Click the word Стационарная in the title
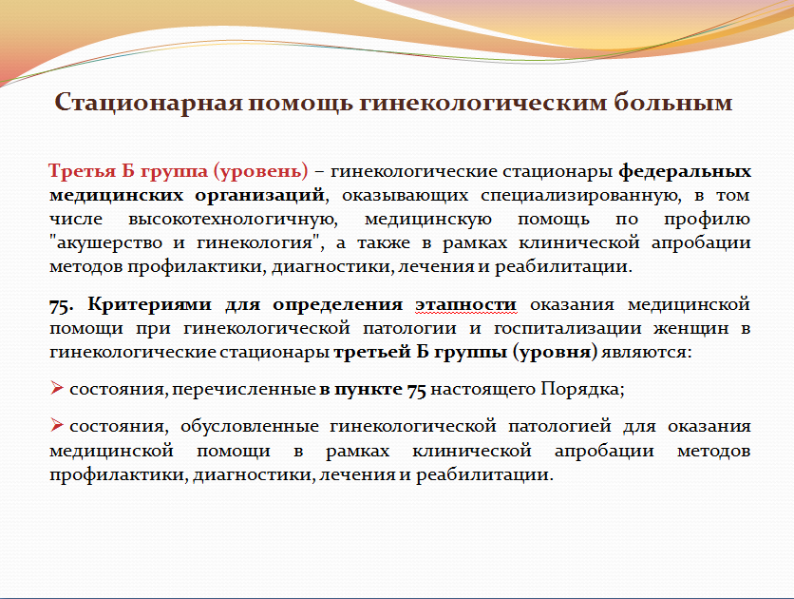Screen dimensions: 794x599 tap(148, 103)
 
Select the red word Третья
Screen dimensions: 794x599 tap(82, 171)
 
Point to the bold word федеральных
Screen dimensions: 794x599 tap(685, 172)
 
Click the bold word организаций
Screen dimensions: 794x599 tap(260, 196)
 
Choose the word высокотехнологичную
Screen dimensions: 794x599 tap(233, 220)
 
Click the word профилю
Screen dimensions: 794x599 tap(707, 220)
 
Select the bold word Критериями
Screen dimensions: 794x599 tap(149, 305)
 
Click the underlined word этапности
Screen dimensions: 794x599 tap(466, 305)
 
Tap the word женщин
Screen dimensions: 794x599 tap(691, 328)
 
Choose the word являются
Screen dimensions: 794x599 tap(646, 352)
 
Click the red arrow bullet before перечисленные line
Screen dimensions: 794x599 tap(57, 389)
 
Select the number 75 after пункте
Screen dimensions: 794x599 tap(417, 390)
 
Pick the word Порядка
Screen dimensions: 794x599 tap(582, 390)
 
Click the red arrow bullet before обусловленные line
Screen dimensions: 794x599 tap(57, 425)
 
